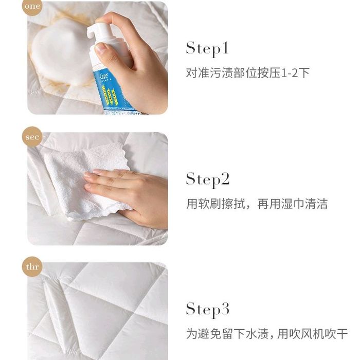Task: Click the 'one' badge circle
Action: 32,6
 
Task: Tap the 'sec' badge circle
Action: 32,137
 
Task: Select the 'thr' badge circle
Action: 32,267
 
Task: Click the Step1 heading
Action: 207,49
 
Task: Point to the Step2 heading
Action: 208,180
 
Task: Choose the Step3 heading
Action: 208,310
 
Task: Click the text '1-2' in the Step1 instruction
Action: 289,73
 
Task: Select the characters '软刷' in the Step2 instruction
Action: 210,204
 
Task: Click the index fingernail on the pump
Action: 101,47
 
